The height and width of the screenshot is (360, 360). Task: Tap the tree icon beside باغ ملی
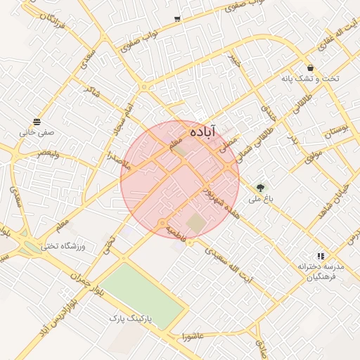[261, 188]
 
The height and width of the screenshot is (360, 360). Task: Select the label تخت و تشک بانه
[310, 78]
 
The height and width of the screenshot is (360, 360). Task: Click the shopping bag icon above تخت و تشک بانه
[310, 67]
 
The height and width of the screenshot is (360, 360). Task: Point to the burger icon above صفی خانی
[37, 122]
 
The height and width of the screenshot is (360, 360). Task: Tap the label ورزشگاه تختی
[63, 246]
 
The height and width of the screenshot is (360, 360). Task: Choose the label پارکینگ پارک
[126, 319]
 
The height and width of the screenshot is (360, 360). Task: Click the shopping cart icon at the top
[176, 19]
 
